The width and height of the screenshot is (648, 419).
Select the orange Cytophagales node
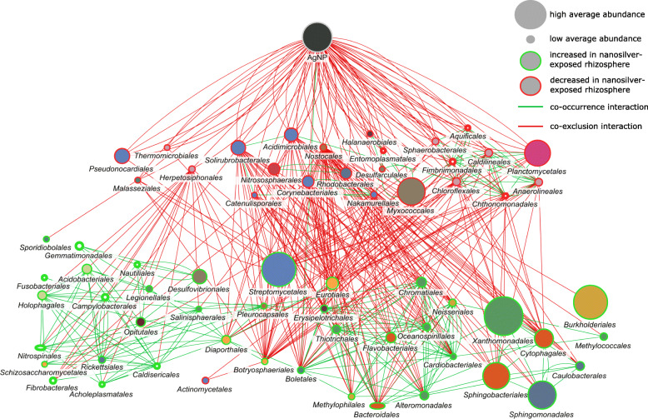[543, 338]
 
